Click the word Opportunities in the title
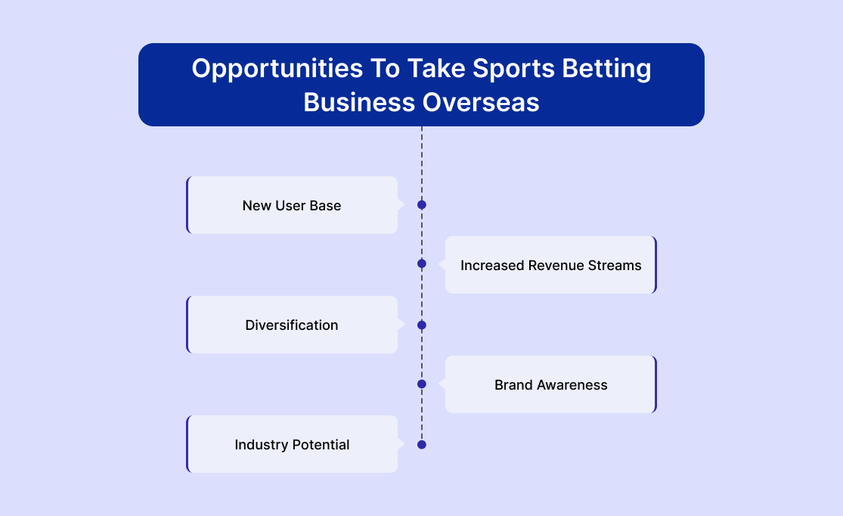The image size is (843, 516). click(x=277, y=70)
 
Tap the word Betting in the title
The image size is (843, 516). click(x=606, y=70)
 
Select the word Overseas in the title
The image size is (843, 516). click(x=481, y=102)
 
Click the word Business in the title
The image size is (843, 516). click(x=359, y=102)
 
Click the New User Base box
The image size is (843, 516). click(x=292, y=205)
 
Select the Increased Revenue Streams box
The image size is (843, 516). click(x=551, y=265)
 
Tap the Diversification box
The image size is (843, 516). click(x=292, y=325)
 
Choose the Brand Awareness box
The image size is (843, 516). click(x=551, y=384)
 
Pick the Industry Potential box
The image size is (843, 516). click(x=292, y=444)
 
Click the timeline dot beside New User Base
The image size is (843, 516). click(x=422, y=205)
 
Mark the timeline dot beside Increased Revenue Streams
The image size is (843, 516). click(x=422, y=263)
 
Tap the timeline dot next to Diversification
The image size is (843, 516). click(x=422, y=325)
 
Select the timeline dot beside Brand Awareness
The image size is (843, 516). click(x=422, y=384)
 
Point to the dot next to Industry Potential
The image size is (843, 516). click(x=422, y=444)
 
